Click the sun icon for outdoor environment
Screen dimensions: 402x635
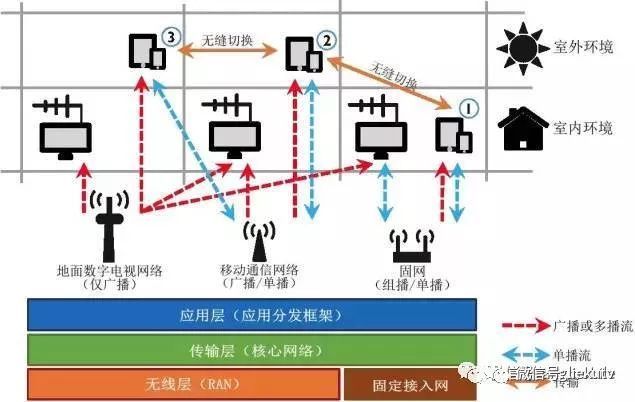click(521, 46)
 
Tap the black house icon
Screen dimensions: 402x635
click(522, 128)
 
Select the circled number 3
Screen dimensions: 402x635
click(171, 37)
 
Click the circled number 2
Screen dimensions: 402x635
click(326, 39)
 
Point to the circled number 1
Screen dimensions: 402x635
click(469, 107)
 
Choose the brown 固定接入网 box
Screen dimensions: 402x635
click(411, 384)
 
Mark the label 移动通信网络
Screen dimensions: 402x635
click(258, 271)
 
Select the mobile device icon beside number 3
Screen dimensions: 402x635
click(146, 51)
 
